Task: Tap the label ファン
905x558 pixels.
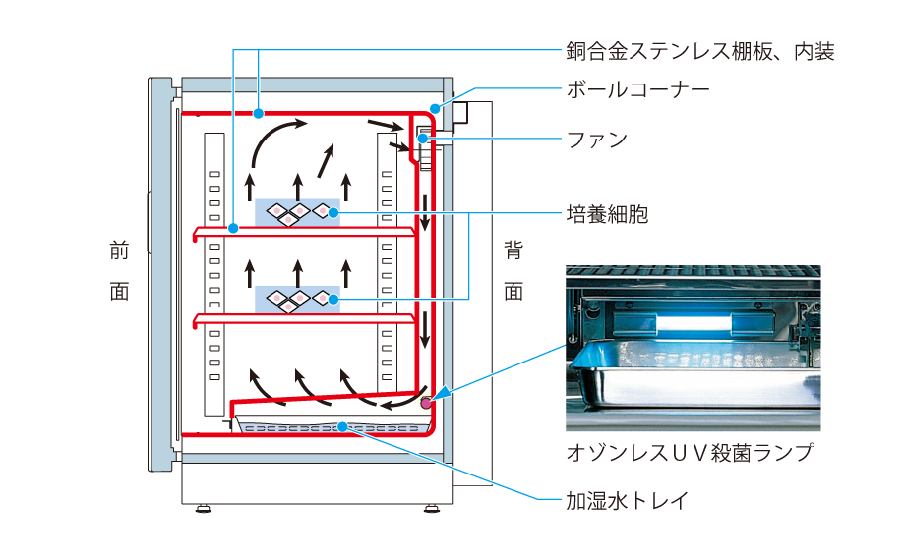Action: coord(596,139)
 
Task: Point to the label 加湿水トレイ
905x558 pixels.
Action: coord(626,500)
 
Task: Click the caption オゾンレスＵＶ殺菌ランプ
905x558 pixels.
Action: coord(691,453)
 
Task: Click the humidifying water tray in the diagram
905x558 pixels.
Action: coord(334,426)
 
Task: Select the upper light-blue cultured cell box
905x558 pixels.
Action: coord(297,212)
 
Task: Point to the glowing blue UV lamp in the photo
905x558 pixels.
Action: coord(689,318)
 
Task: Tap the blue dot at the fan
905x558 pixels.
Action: coord(421,139)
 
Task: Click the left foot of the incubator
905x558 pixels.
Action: coord(203,509)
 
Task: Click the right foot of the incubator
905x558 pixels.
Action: coord(432,509)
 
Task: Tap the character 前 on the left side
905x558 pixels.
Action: coord(119,251)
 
